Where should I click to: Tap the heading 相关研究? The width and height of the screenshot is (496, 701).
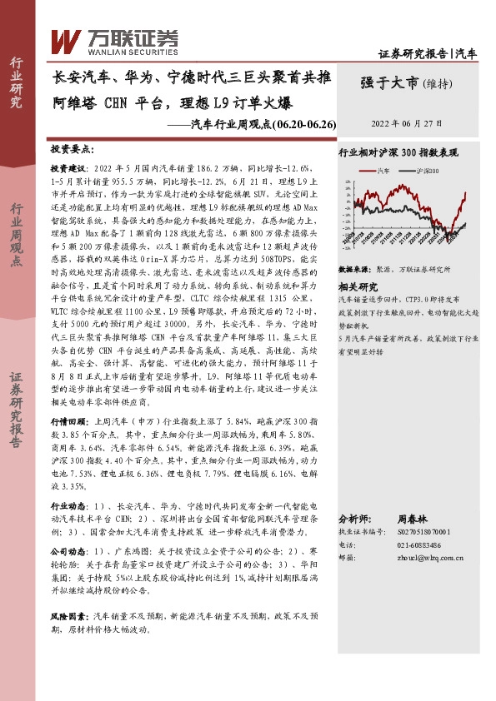pyautogui.click(x=355, y=286)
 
